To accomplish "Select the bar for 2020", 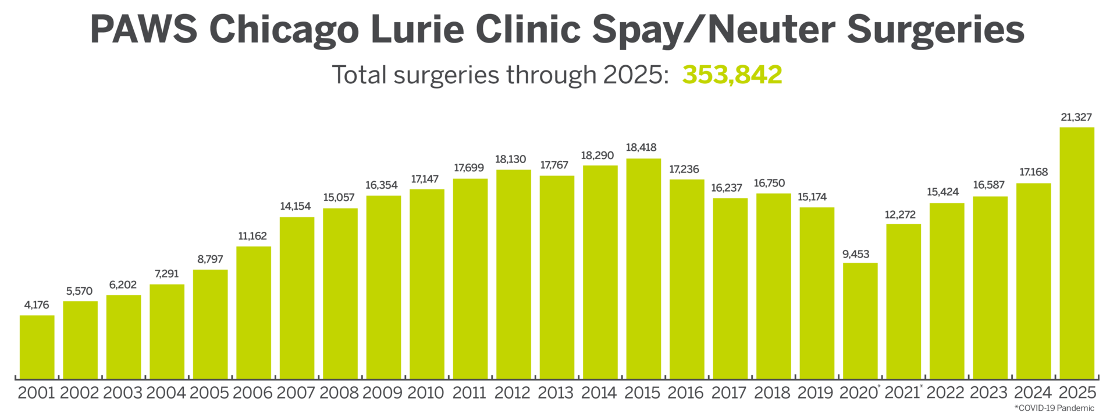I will tap(860, 320).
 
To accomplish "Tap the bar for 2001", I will tap(37, 346).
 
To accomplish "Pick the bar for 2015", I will tap(643, 268).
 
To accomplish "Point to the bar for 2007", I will tap(297, 297).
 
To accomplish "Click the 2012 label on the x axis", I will tap(513, 393).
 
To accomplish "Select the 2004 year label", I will tap(166, 393).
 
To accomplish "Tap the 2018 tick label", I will tap(773, 393).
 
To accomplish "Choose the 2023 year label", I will tap(989, 393).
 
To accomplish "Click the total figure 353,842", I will tap(732, 75).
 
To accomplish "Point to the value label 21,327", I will tap(1076, 117).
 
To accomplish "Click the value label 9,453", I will tap(856, 254).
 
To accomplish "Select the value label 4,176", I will tap(37, 305).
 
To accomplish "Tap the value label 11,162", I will tap(252, 236).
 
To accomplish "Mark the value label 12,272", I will tap(900, 214).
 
